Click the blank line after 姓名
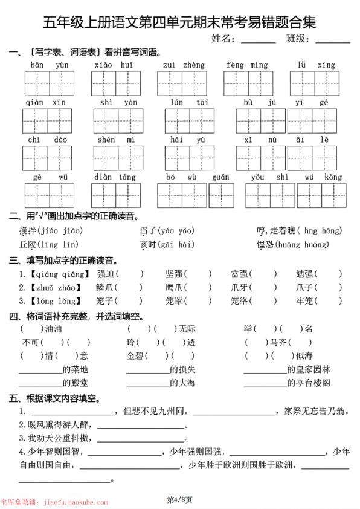[x=258, y=42]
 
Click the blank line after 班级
[x=332, y=42]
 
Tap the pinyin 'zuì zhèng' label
[x=184, y=65]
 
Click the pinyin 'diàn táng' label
[x=115, y=177]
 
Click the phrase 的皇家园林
[x=309, y=369]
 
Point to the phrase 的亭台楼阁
[x=309, y=383]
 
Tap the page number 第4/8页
[x=179, y=499]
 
